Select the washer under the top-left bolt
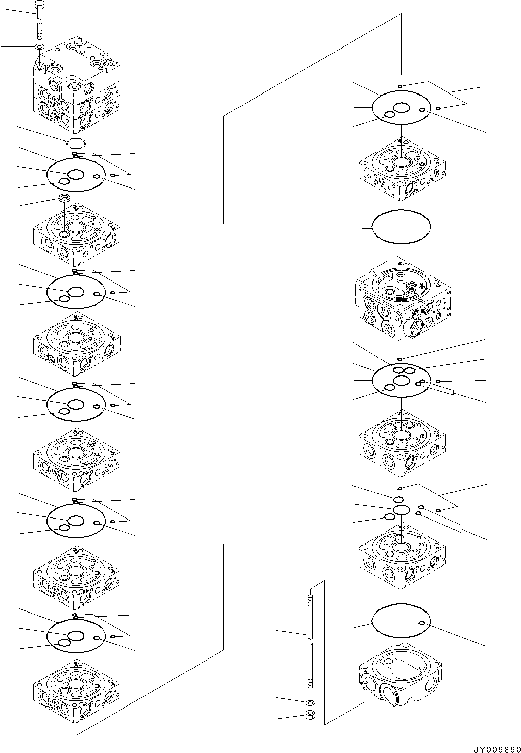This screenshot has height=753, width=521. click(x=40, y=47)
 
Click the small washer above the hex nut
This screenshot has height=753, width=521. click(x=310, y=702)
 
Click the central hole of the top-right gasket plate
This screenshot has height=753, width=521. click(x=402, y=108)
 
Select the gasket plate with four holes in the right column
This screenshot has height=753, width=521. click(x=401, y=381)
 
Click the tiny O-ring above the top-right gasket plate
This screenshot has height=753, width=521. click(x=400, y=86)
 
